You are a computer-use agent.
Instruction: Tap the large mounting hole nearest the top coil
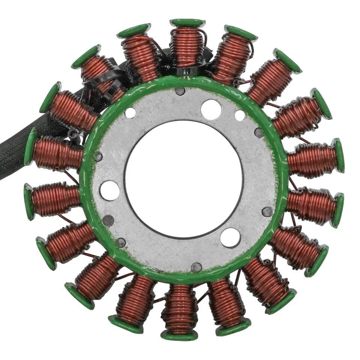click(210, 109)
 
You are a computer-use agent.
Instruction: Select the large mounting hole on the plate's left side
click(109, 190)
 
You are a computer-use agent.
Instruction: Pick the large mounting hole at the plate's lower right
click(230, 237)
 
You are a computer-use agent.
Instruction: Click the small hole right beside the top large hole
click(240, 115)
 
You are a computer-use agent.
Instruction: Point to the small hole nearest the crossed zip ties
click(130, 112)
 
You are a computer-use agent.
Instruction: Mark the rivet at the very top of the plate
click(180, 91)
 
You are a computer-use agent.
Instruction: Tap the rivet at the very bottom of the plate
click(196, 267)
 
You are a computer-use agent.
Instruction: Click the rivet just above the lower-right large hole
click(267, 211)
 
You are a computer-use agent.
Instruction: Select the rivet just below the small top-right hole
click(259, 132)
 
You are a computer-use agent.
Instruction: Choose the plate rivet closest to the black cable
click(98, 156)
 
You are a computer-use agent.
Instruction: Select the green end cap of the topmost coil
click(187, 22)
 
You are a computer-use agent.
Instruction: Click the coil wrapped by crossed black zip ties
click(99, 75)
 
